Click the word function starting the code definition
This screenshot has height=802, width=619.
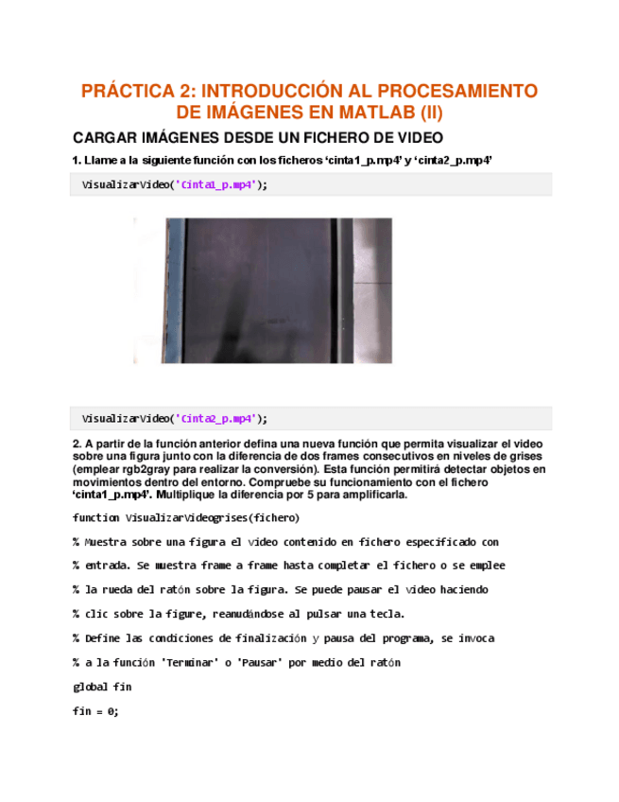[x=95, y=517]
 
